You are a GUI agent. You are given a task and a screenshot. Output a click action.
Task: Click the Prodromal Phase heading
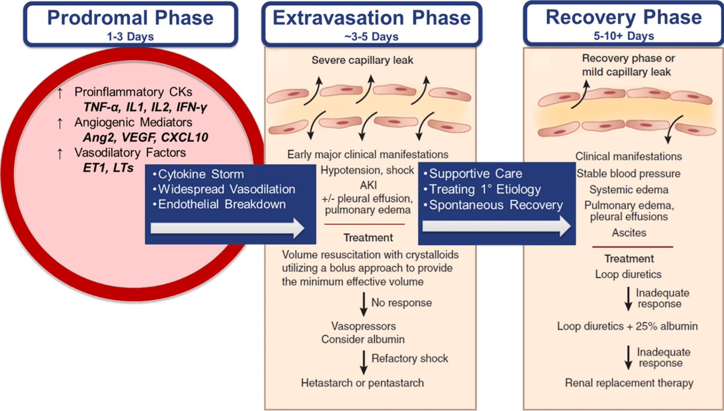point(130,18)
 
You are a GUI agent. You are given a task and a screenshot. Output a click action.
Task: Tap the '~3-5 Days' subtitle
point(371,37)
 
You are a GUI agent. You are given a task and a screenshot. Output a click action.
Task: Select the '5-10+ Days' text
point(624,36)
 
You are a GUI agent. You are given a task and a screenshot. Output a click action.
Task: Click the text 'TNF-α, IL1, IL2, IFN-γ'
point(145,107)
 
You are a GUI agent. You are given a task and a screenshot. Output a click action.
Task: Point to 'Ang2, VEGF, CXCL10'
point(145,137)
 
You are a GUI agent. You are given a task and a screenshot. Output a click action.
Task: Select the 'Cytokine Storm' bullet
point(201,174)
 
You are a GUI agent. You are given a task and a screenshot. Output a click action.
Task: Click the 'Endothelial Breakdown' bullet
point(222,204)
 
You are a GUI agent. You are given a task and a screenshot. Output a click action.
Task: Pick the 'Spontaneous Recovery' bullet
point(495,205)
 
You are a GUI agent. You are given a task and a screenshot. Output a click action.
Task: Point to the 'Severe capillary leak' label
point(362,60)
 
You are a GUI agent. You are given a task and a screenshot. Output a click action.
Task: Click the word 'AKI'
point(368,185)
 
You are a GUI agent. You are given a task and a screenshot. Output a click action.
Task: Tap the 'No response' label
point(401,303)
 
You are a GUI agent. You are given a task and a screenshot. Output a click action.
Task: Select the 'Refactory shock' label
point(410,358)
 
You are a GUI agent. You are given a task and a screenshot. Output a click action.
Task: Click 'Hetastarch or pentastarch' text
point(362,383)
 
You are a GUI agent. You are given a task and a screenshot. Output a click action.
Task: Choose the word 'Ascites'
point(629,233)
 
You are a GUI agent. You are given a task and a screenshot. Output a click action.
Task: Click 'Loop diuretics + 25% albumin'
point(627,326)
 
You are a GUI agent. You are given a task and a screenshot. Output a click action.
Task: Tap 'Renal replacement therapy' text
point(629,383)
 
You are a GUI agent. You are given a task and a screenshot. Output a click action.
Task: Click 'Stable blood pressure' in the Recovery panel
point(628,174)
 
